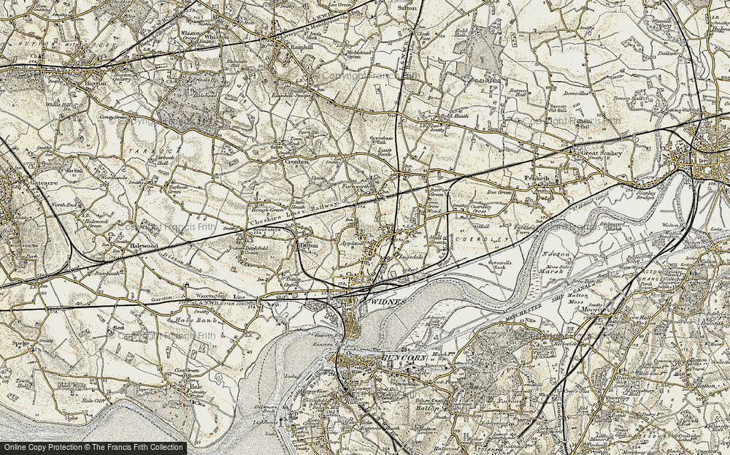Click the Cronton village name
click(294, 160)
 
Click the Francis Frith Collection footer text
click(93, 447)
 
